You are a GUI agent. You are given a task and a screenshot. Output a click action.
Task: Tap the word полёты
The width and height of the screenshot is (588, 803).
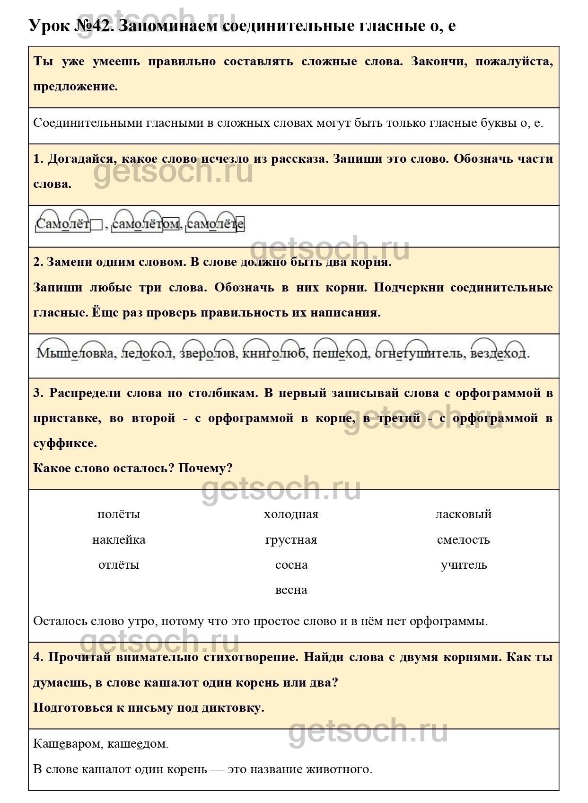pyautogui.click(x=119, y=514)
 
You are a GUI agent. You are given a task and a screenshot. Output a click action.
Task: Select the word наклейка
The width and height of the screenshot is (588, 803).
pyautogui.click(x=119, y=540)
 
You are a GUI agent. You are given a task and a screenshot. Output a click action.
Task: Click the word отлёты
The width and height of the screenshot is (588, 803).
pyautogui.click(x=119, y=565)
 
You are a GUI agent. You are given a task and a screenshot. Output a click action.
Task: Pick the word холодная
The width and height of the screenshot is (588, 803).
pyautogui.click(x=291, y=514)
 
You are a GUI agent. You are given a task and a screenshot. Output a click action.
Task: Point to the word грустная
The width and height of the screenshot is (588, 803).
pyautogui.click(x=291, y=540)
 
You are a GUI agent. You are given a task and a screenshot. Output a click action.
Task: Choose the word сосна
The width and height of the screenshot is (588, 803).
pyautogui.click(x=291, y=565)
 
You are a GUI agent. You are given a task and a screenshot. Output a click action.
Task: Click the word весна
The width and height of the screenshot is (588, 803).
pyautogui.click(x=291, y=590)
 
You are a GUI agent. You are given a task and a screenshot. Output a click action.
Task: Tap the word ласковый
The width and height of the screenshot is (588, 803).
pyautogui.click(x=464, y=514)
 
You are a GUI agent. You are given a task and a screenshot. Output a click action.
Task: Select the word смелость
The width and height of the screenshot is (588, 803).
pyautogui.click(x=464, y=540)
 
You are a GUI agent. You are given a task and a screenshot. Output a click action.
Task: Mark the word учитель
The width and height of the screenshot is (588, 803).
pyautogui.click(x=464, y=565)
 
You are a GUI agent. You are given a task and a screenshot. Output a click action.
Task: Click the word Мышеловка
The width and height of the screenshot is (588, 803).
pyautogui.click(x=75, y=353)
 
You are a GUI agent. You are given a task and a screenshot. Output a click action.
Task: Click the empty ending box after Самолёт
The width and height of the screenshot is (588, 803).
pyautogui.click(x=96, y=224)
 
